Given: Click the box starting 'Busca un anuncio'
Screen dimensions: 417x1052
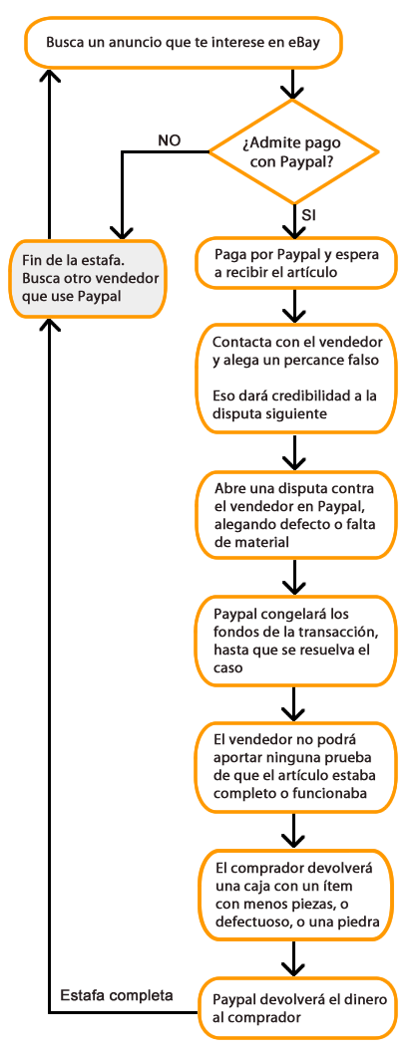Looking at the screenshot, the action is [x=184, y=43].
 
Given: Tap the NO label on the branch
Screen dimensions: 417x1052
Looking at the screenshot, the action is [x=170, y=140].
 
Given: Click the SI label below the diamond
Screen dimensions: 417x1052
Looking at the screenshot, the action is [x=309, y=216].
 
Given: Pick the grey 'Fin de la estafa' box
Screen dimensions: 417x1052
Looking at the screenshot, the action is [x=88, y=278].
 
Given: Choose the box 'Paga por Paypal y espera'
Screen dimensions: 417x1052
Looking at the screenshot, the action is [x=296, y=264].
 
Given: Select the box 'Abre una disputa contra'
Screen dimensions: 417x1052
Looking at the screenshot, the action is [x=294, y=515].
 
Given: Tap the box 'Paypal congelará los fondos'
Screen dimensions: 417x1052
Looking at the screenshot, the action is [x=295, y=641].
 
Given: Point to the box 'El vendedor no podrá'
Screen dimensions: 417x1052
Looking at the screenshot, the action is [x=295, y=766].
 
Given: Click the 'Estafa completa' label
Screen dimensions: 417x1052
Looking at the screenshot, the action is [x=117, y=995].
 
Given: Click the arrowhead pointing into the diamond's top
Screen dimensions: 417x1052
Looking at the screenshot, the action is [x=292, y=90].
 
